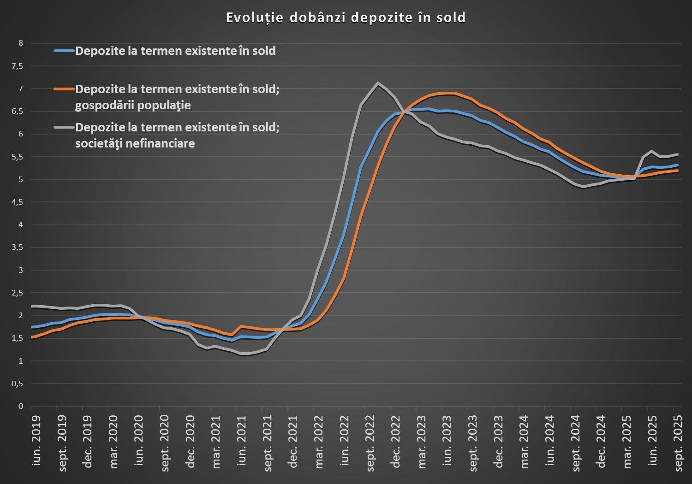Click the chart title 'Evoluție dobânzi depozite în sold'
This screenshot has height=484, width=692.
(346, 18)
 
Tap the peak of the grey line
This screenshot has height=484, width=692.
(378, 83)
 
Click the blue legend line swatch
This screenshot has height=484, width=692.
(64, 51)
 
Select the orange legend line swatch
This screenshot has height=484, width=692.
(64, 89)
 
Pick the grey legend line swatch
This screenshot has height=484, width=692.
(64, 127)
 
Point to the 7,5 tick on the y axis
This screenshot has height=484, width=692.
(17, 66)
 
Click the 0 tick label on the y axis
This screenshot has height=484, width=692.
(20, 406)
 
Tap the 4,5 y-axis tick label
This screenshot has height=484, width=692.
(17, 202)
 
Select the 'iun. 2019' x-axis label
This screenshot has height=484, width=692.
(36, 440)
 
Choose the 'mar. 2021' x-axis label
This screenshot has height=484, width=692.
(216, 442)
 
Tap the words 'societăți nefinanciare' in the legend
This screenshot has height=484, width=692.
(135, 143)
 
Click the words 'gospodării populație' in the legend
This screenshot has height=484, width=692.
(133, 105)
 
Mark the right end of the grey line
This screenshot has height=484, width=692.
(677, 154)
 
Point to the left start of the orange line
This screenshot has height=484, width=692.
(31, 337)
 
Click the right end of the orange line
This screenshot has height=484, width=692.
(677, 171)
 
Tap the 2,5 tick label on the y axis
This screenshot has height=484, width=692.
(17, 293)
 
